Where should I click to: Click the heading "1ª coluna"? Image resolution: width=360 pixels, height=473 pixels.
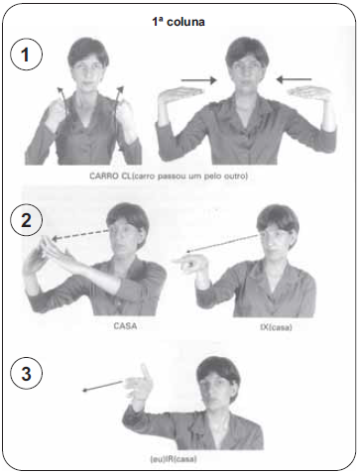tap(179, 22)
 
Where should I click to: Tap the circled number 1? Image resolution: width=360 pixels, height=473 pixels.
tap(27, 55)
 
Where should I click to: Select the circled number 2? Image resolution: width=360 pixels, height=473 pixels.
tap(27, 220)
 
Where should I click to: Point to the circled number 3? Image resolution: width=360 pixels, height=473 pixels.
tap(27, 374)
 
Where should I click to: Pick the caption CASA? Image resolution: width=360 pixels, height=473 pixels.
tap(125, 326)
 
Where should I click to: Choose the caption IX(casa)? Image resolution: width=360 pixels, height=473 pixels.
tap(276, 327)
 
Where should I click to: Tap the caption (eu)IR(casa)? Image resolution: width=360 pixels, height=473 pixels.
tap(174, 459)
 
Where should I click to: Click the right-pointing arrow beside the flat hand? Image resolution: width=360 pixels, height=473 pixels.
tap(199, 79)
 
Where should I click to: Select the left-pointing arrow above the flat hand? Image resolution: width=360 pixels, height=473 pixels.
tap(294, 79)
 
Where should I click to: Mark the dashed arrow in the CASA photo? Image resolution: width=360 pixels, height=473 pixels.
tap(80, 234)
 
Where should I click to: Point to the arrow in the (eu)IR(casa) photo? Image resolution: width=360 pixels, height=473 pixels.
tap(102, 386)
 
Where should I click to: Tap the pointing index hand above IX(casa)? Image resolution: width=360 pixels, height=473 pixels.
tap(190, 264)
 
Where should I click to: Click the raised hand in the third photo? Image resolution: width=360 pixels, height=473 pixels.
tap(139, 384)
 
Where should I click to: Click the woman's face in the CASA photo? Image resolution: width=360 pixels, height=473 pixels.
tap(125, 236)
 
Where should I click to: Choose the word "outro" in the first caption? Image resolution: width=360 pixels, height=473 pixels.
tap(236, 176)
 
